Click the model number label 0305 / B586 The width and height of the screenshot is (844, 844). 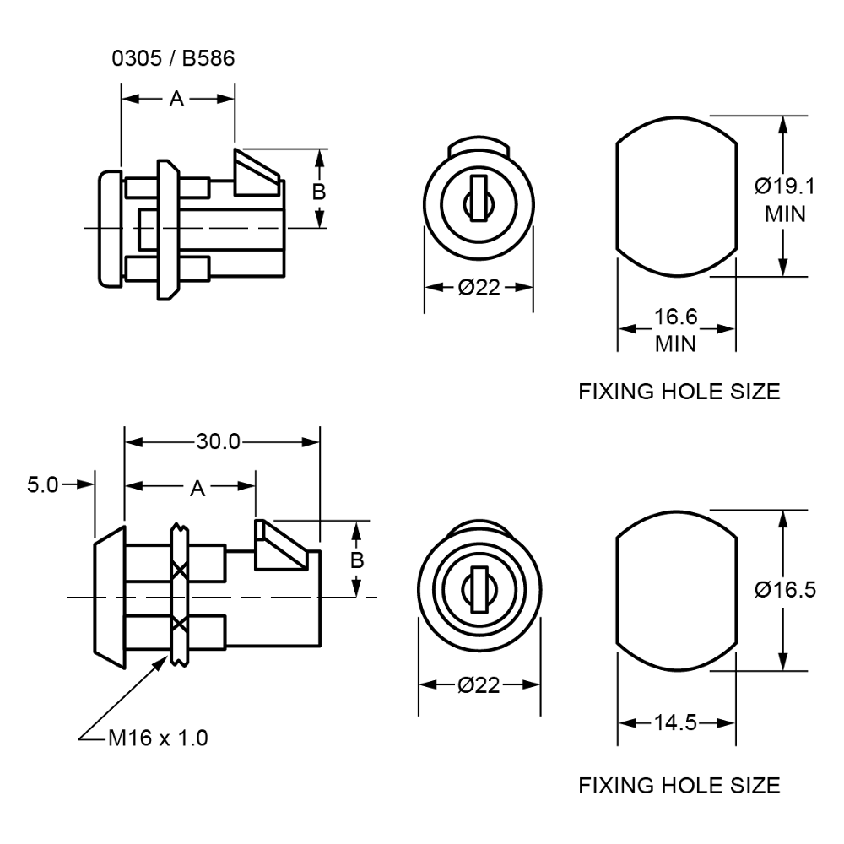coord(173,58)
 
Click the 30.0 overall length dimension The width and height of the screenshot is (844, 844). coord(218,441)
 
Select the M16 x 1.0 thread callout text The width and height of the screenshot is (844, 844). coord(159,738)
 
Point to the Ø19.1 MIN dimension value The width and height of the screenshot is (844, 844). coord(785,198)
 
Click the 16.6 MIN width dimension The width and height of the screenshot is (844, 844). coord(676,330)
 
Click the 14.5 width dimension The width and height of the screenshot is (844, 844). coord(675,722)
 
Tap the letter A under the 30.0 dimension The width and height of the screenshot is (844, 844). coord(197,488)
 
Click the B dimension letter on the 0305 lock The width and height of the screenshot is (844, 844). coord(319,191)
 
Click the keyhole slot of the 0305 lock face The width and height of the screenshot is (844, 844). coord(479,196)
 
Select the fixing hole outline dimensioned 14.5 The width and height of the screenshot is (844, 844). coord(675,590)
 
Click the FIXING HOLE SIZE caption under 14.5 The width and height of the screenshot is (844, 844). coord(679,786)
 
